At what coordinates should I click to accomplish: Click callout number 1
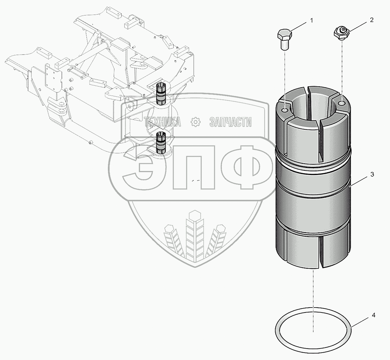coord(312,20)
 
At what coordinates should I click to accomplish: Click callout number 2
coord(371,20)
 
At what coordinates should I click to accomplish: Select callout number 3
coord(372,174)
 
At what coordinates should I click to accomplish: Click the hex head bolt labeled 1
coord(285,39)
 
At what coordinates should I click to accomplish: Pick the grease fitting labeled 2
coord(342,34)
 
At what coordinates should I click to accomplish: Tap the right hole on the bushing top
coord(342,103)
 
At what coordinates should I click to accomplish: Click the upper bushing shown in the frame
coord(161,94)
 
